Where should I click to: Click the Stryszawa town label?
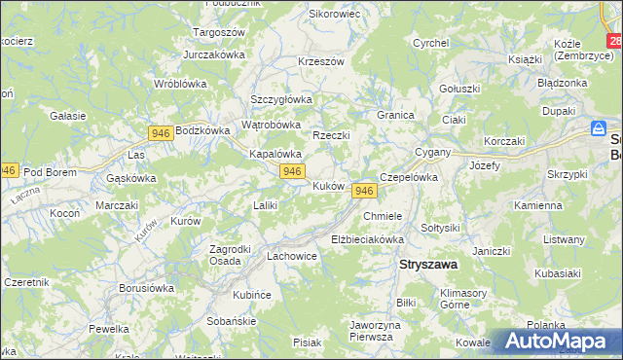point(429,264)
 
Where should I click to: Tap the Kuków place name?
point(328,186)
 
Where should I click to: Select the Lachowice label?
point(292,256)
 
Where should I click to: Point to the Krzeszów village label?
point(322,61)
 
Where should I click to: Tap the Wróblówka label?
point(181,84)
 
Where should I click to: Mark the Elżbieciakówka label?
point(367,238)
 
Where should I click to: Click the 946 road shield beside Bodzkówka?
point(162,131)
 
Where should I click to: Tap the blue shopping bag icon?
point(600,128)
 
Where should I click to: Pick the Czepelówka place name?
point(409,178)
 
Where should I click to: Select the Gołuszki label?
point(459,89)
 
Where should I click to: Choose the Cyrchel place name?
point(429,43)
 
